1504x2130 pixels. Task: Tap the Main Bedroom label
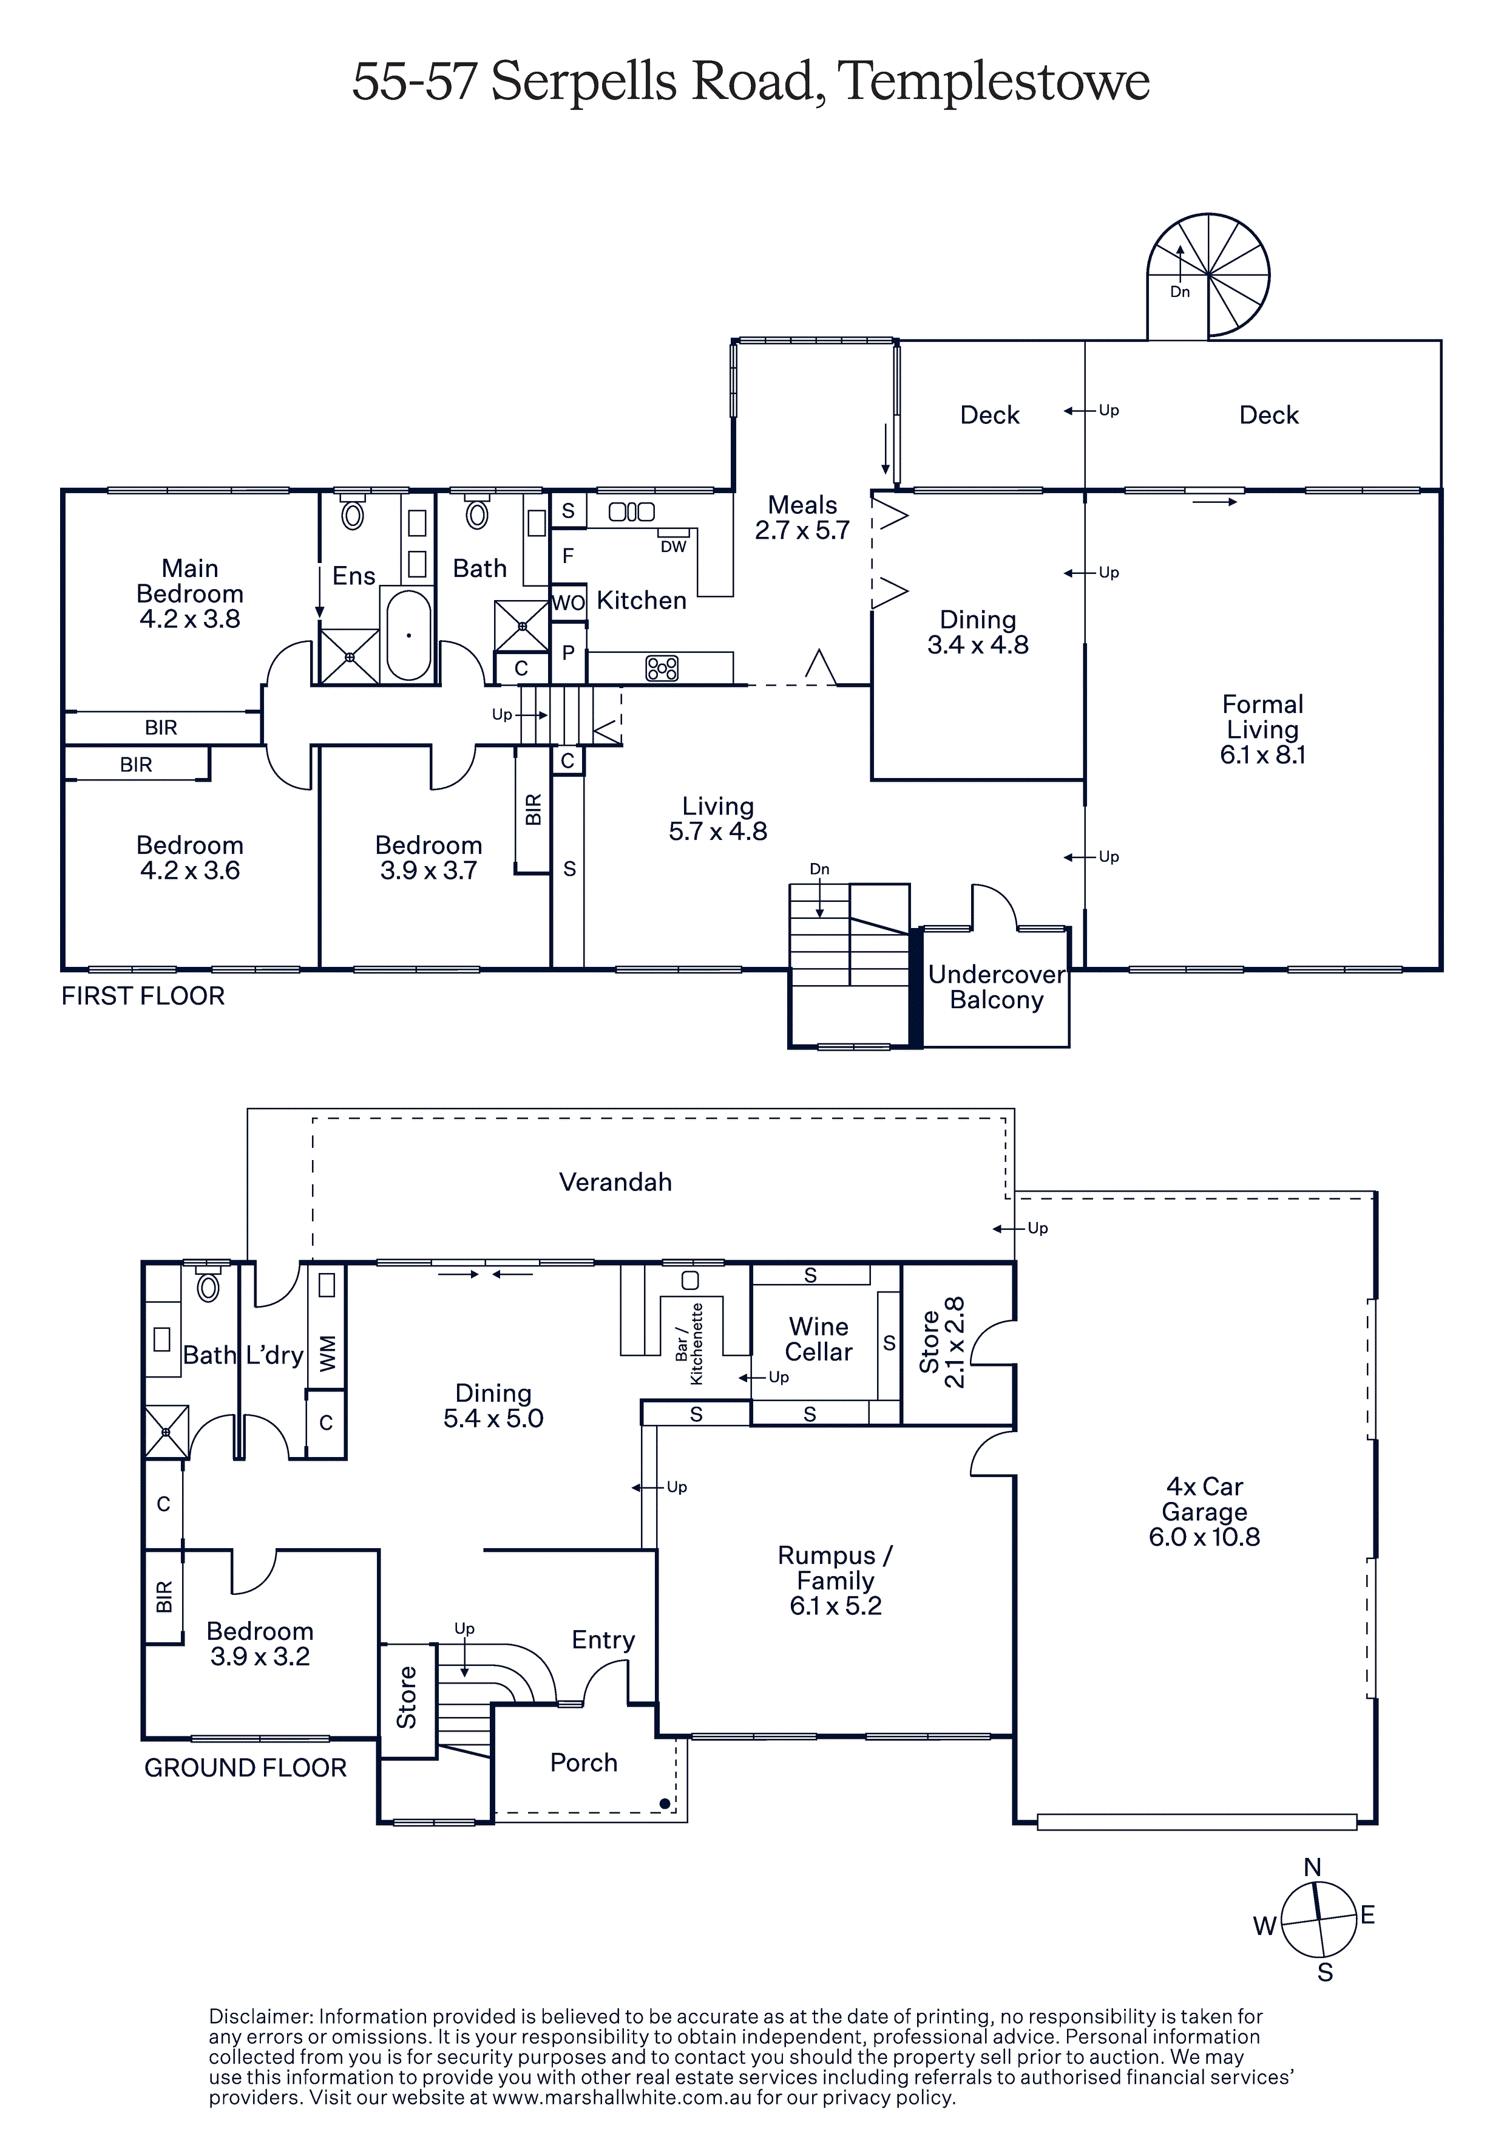coord(190,581)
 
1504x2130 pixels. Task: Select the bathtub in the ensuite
coord(408,635)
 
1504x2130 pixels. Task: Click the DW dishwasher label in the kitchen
coord(673,547)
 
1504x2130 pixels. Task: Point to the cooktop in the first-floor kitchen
coord(662,668)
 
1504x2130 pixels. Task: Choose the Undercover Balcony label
coord(997,987)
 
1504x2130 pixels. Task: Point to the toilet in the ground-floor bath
coord(209,1288)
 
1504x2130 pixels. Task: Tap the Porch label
coord(583,1763)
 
